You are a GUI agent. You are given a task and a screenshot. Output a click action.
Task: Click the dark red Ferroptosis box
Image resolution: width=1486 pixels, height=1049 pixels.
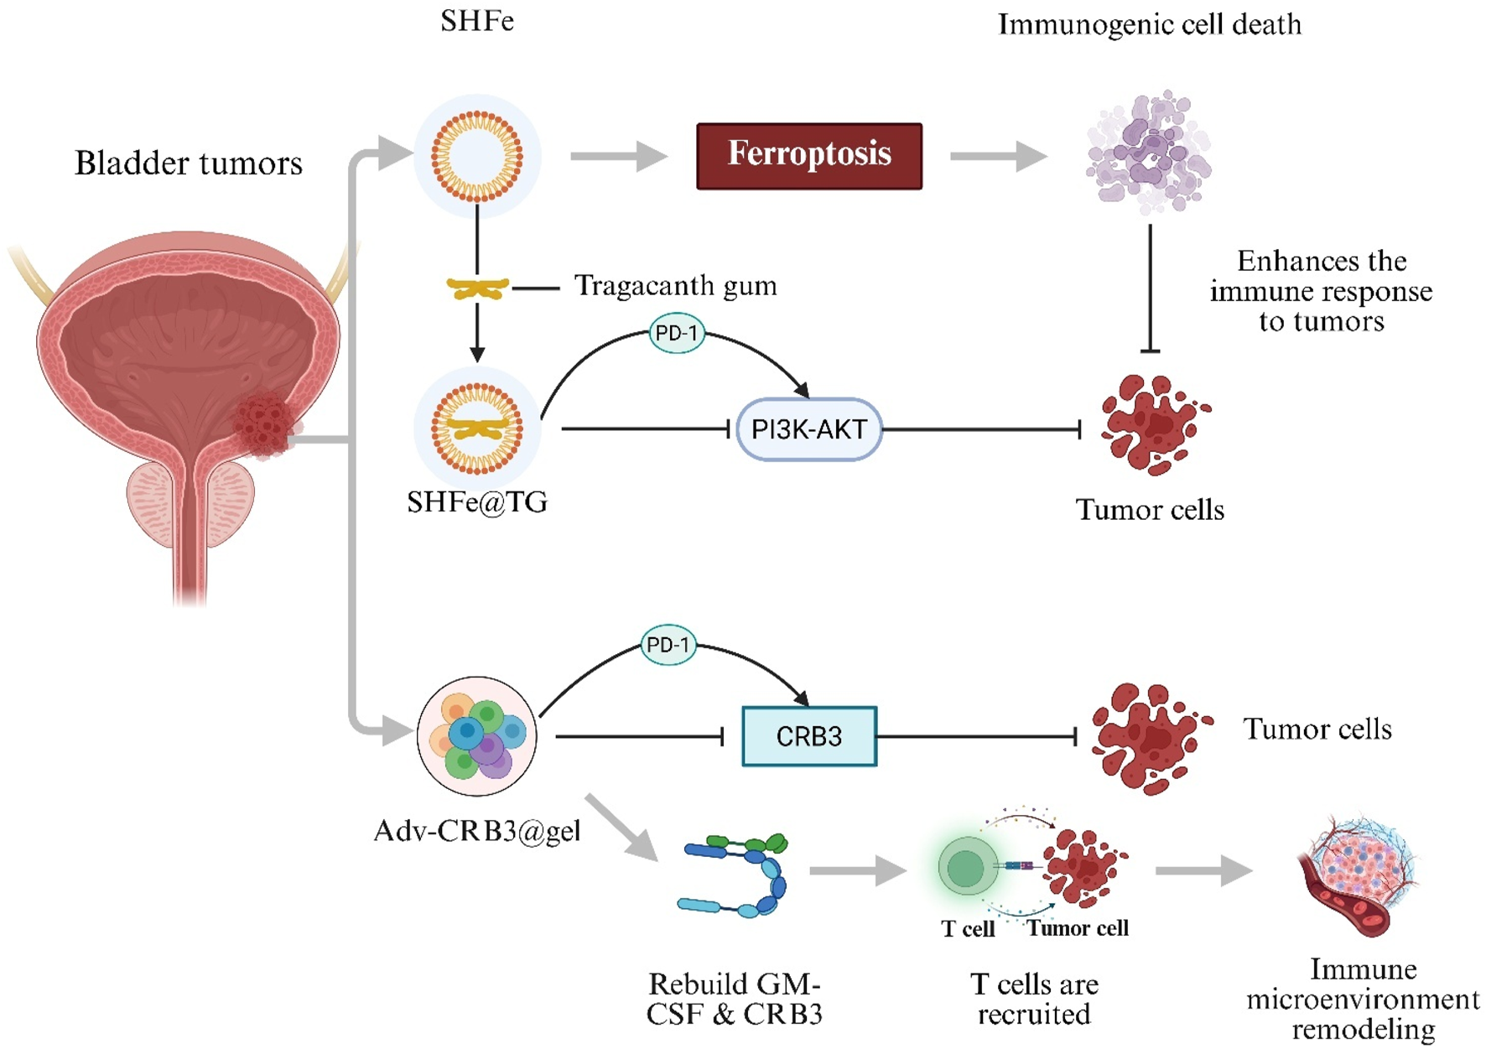(x=808, y=156)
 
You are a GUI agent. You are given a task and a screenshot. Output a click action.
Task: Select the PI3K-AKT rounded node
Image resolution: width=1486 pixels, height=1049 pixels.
(x=808, y=429)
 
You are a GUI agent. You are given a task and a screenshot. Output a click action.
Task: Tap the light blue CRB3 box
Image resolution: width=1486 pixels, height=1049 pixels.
(x=808, y=736)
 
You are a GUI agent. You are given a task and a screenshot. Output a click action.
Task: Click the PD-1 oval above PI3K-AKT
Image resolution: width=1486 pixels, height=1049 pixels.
(x=676, y=333)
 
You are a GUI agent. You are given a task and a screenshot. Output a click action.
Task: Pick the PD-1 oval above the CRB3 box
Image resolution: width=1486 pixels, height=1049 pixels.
(x=668, y=645)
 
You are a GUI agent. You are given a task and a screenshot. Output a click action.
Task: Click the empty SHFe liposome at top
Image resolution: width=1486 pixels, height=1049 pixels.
(x=476, y=156)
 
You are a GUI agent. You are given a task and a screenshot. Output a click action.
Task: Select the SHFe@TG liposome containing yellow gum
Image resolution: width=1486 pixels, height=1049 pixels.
(x=476, y=428)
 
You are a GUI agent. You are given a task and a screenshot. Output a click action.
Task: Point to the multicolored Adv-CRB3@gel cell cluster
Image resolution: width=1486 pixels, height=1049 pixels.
(x=476, y=736)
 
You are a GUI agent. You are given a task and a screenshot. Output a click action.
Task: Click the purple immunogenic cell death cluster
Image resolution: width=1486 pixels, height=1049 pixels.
(x=1149, y=151)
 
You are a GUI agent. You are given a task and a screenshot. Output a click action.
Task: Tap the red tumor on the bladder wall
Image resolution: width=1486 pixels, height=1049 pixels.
(x=263, y=425)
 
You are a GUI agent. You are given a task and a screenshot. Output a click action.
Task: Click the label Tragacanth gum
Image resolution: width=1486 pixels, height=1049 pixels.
(x=675, y=286)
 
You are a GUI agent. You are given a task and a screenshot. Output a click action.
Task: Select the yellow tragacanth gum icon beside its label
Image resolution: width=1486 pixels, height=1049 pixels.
(x=476, y=288)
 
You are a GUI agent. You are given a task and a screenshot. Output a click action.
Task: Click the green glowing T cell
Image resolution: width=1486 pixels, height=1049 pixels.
(x=966, y=867)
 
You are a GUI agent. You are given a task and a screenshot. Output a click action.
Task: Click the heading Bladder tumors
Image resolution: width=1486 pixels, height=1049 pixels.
(x=189, y=163)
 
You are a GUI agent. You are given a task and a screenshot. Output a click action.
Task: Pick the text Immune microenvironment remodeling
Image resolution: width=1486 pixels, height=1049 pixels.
(x=1363, y=999)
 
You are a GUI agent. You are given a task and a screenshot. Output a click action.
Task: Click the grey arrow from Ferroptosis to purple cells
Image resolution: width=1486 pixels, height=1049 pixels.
(x=998, y=156)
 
